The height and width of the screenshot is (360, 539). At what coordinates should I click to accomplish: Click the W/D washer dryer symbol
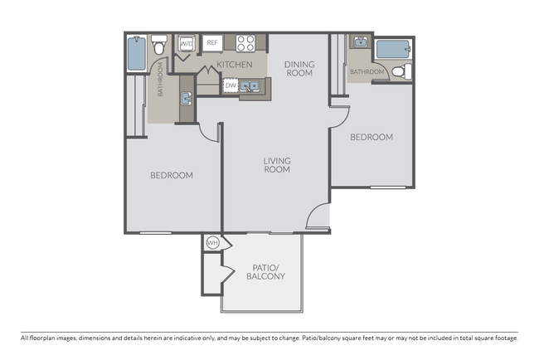[x=187, y=42]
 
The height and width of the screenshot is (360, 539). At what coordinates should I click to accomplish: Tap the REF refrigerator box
[x=212, y=42]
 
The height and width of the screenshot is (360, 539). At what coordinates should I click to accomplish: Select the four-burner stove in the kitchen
[x=245, y=43]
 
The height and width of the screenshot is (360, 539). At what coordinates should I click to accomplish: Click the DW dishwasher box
[x=230, y=85]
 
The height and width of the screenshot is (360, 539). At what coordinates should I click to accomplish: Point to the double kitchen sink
[x=252, y=85]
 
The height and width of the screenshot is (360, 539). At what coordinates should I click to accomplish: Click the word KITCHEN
[x=235, y=64]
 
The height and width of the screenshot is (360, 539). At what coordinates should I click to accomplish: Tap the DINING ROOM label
[x=299, y=68]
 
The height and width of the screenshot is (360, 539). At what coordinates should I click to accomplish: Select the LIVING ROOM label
[x=276, y=164]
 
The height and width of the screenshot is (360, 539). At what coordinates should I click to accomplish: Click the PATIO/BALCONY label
[x=265, y=271]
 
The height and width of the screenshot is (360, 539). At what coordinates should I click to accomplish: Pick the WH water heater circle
[x=212, y=243]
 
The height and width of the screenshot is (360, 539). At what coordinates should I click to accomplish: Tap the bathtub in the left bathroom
[x=137, y=53]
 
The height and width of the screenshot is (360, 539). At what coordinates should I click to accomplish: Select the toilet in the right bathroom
[x=400, y=72]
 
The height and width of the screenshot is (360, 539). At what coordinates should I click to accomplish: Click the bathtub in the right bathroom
[x=391, y=49]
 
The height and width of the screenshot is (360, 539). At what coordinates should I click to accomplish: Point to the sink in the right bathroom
[x=359, y=43]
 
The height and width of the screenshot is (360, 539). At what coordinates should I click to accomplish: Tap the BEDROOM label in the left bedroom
[x=172, y=175]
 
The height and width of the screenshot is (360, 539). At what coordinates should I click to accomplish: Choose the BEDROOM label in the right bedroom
[x=371, y=137]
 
